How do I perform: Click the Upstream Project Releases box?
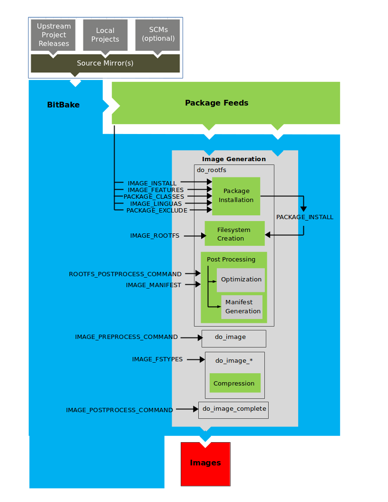(x=53, y=35)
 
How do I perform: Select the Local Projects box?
(x=105, y=35)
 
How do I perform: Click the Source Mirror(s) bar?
(x=105, y=63)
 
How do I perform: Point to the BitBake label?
(x=63, y=105)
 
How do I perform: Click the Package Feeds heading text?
(x=216, y=103)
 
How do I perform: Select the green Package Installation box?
(x=236, y=195)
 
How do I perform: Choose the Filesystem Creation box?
(x=234, y=234)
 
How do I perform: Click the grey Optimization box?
(x=241, y=280)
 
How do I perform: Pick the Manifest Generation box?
(x=242, y=307)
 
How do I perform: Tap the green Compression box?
(x=235, y=383)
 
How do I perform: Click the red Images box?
(x=205, y=463)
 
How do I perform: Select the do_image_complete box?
(x=233, y=409)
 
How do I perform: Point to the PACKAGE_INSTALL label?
(x=305, y=217)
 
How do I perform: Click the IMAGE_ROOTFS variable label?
(x=155, y=235)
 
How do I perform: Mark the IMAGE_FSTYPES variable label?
(x=157, y=359)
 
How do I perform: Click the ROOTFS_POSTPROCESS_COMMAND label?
(x=125, y=274)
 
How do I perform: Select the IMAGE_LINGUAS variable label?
(x=156, y=203)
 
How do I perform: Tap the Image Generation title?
(x=234, y=159)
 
